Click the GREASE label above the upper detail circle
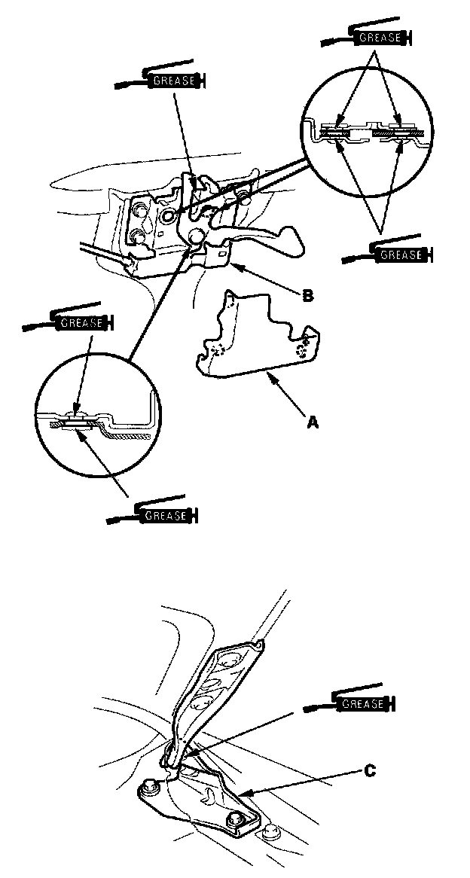[375, 36]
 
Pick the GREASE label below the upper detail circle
[401, 255]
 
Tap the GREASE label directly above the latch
[173, 79]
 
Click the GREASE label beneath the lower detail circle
[164, 516]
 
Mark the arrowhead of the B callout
[233, 266]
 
